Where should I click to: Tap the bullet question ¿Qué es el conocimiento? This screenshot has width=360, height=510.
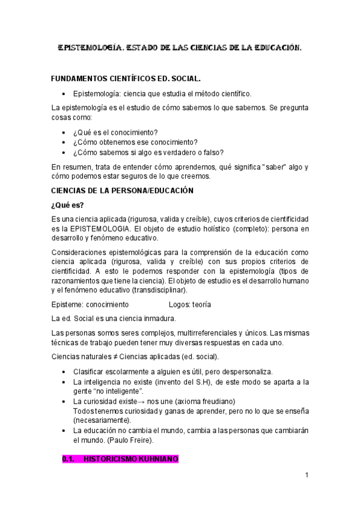click(115, 132)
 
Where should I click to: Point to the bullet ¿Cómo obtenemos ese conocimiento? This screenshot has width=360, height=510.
click(135, 142)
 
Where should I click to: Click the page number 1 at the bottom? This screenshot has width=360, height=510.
click(307, 475)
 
